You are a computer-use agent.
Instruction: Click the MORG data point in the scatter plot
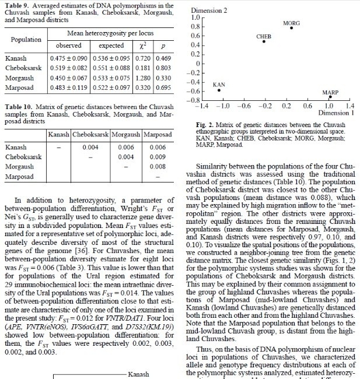tap(291, 28)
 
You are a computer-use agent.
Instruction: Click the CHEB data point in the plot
tap(264, 41)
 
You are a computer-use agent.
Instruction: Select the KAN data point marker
tap(219, 90)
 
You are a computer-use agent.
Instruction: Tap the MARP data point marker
tap(330, 97)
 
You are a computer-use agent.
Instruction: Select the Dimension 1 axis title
tap(334, 114)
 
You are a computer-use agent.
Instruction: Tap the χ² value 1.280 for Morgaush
tap(142, 78)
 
